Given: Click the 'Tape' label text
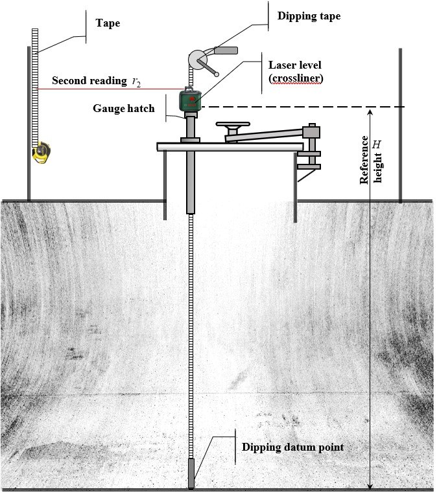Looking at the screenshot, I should pyautogui.click(x=108, y=24).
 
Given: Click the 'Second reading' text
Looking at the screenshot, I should pyautogui.click(x=89, y=81).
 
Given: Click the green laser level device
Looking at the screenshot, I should pyautogui.click(x=191, y=100).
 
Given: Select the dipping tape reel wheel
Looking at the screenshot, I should pyautogui.click(x=197, y=60).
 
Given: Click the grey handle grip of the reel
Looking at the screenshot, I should pyautogui.click(x=225, y=50).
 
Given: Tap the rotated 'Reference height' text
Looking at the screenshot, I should pyautogui.click(x=372, y=162).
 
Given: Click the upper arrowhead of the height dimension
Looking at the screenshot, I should pyautogui.click(x=370, y=111).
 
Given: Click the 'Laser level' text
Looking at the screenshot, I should pyautogui.click(x=294, y=65).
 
